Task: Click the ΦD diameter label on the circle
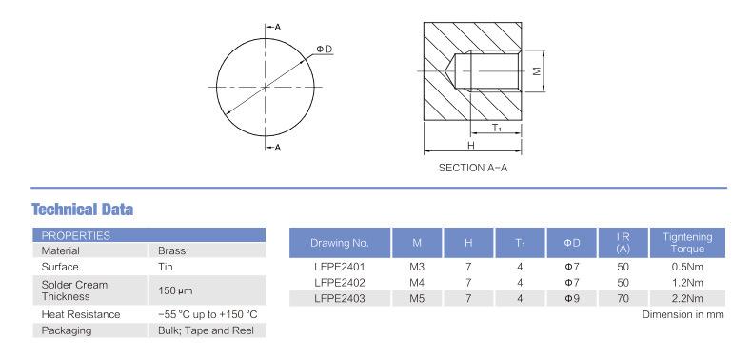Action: click(x=325, y=49)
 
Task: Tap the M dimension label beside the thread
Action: click(x=537, y=70)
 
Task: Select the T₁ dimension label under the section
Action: click(x=497, y=128)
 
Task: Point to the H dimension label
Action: click(x=471, y=146)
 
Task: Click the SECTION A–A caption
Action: click(x=473, y=168)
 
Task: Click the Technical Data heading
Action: click(x=83, y=210)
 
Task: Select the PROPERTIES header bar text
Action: click(x=76, y=235)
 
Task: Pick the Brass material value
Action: click(x=171, y=250)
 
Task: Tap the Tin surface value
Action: click(x=166, y=267)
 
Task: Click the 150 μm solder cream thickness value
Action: click(x=175, y=290)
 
